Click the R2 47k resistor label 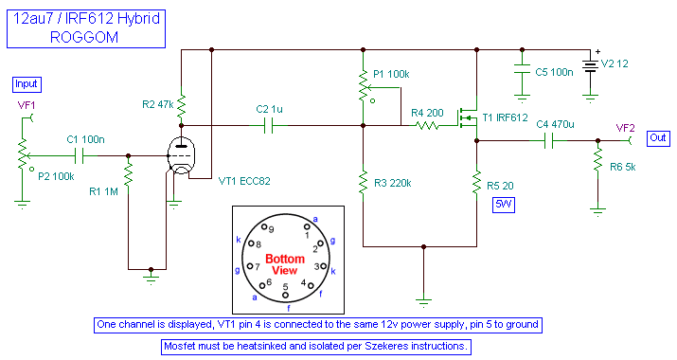tap(156, 105)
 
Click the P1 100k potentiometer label tap(392, 73)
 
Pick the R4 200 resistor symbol tap(432, 125)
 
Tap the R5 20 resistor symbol tap(475, 184)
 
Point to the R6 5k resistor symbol tap(597, 164)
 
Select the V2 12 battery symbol tap(591, 66)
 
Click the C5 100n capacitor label tap(554, 71)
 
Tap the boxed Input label tap(27, 83)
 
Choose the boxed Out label tap(658, 136)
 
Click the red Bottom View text tap(284, 264)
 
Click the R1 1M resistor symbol tap(127, 175)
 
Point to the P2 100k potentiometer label tap(56, 176)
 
